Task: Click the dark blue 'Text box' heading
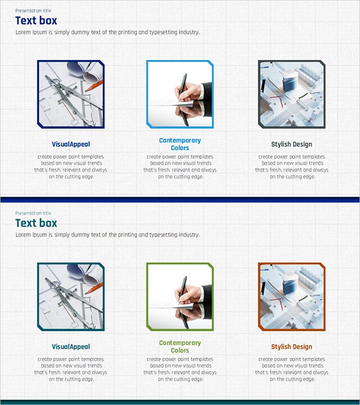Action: (x=36, y=21)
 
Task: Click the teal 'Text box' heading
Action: (x=36, y=223)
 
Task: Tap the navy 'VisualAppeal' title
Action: (x=71, y=144)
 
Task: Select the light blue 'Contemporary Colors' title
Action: (x=180, y=144)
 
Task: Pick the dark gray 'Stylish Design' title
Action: (x=292, y=144)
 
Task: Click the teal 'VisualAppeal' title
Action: (x=71, y=346)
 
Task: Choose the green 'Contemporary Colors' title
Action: (x=180, y=346)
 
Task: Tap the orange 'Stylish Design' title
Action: (x=292, y=346)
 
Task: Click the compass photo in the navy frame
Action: (x=71, y=94)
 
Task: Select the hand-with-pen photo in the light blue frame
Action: (x=180, y=94)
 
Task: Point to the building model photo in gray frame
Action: (x=292, y=94)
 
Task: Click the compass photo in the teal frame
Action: (x=71, y=297)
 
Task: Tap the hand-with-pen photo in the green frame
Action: (x=180, y=297)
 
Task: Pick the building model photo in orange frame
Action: (x=292, y=297)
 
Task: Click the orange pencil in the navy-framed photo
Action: (x=94, y=86)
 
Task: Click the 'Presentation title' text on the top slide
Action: (x=33, y=11)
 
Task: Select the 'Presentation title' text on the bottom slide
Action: (x=33, y=213)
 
